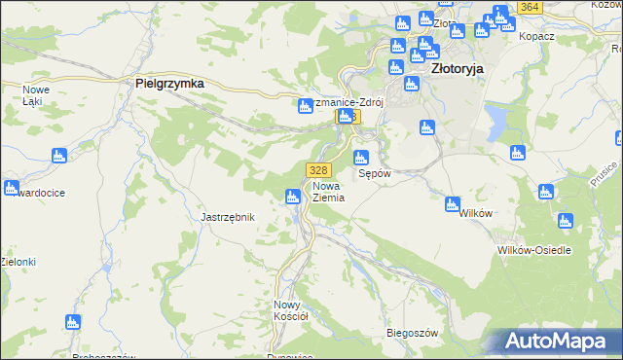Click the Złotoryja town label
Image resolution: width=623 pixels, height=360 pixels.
(x=457, y=69)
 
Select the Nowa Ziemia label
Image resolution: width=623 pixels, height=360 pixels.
(x=328, y=191)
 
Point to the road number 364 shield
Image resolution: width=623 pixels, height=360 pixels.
(x=530, y=7)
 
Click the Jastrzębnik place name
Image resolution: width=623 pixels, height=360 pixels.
(x=227, y=217)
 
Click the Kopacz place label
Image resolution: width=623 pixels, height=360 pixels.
(x=537, y=35)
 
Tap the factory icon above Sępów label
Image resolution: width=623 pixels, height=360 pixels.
(x=360, y=158)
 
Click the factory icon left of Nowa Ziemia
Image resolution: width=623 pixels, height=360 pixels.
(x=291, y=198)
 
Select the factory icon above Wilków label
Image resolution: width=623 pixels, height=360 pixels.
(x=452, y=204)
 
